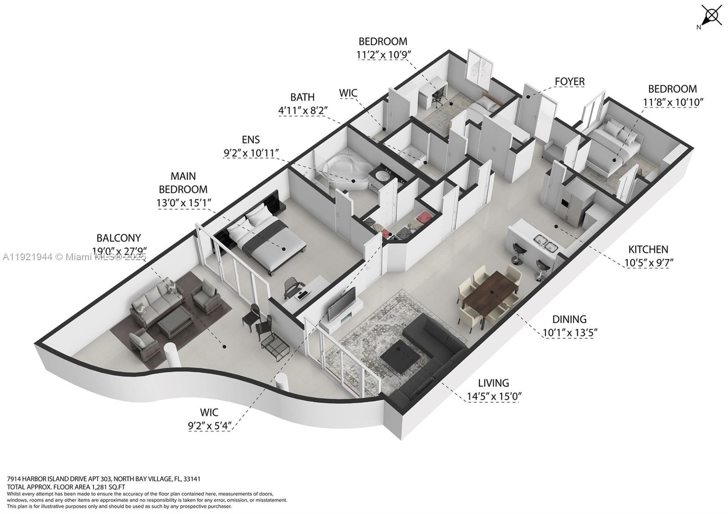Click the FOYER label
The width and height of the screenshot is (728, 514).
click(569, 81)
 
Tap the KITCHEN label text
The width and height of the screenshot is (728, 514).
click(648, 249)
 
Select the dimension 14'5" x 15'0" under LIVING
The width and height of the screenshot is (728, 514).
click(494, 396)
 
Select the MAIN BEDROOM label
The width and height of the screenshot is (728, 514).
click(183, 182)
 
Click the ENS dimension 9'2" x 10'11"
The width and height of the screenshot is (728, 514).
click(251, 153)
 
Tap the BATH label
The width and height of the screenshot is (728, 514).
click(302, 97)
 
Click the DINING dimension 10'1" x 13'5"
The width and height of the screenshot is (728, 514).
click(569, 333)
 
